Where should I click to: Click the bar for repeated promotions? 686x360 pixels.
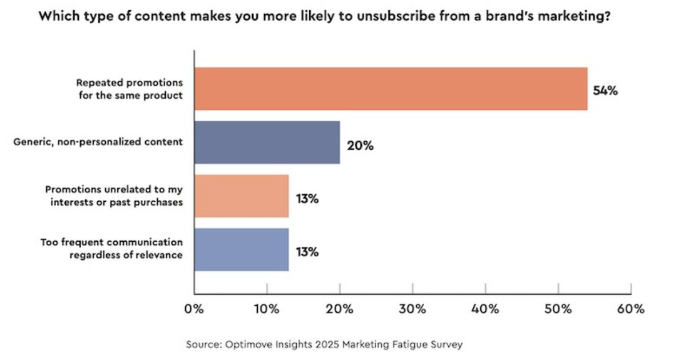tap(390, 89)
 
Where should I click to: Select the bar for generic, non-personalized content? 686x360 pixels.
tap(267, 142)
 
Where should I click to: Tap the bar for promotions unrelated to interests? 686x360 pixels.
tap(241, 196)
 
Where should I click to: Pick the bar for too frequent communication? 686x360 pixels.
tap(241, 250)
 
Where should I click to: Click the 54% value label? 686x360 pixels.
tap(605, 91)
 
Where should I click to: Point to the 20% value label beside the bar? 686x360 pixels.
tap(360, 145)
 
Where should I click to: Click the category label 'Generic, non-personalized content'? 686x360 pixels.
tap(98, 142)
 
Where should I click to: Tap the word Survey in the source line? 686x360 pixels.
tap(447, 345)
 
